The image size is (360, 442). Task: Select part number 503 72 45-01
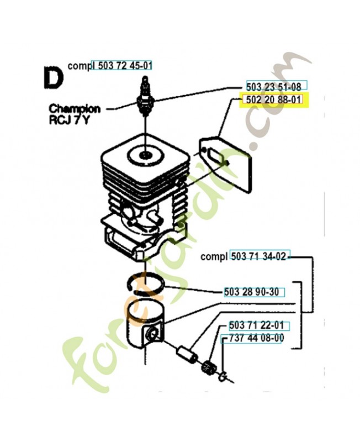tap(121, 65)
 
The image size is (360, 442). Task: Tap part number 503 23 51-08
tap(273, 86)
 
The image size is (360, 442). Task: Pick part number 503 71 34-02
tap(259, 256)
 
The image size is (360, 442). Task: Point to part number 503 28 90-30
tap(251, 292)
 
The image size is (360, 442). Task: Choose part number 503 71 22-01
tap(256, 325)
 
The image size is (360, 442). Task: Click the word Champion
tap(74, 109)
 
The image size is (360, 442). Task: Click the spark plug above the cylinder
tap(146, 97)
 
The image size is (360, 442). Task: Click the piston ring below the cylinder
tap(146, 283)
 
